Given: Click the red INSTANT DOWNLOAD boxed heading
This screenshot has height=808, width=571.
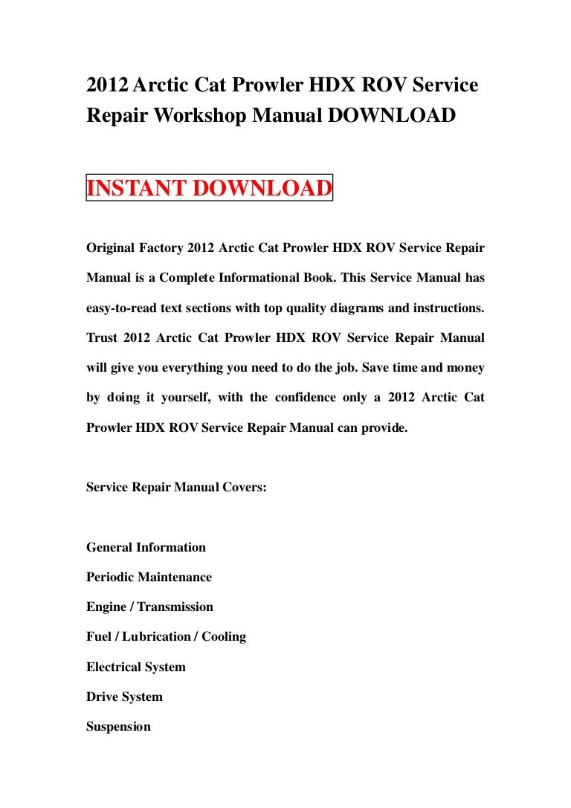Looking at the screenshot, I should (209, 188).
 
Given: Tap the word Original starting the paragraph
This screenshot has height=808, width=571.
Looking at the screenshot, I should (112, 248).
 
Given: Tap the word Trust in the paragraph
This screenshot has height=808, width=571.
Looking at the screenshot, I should (103, 338).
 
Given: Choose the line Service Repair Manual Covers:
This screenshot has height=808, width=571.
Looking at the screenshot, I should (176, 488).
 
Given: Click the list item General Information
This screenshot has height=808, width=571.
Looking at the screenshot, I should (146, 548).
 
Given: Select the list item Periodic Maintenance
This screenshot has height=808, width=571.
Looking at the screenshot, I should (149, 578).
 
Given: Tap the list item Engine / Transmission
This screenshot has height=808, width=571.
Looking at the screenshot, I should (149, 607).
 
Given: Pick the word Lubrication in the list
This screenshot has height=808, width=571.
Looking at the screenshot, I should (156, 637).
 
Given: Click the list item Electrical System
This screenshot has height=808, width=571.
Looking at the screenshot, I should (136, 668).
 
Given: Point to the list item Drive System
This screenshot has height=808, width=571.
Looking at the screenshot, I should (124, 697).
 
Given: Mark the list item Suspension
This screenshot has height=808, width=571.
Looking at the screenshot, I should (118, 727).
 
